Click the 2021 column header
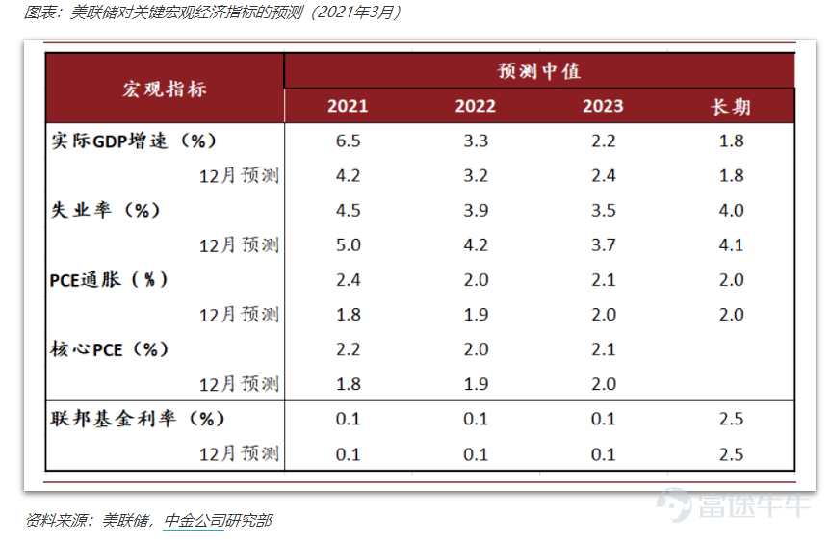tap(347, 106)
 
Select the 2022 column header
tap(475, 106)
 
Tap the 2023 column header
tap(603, 106)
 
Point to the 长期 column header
tap(731, 106)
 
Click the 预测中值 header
tap(539, 71)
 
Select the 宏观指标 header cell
tap(165, 89)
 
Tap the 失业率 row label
tap(105, 210)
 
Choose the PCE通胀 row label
tap(109, 279)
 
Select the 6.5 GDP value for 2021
tap(348, 141)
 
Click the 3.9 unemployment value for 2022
tap(476, 210)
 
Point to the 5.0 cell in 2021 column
tap(348, 244)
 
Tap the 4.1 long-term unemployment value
tap(731, 244)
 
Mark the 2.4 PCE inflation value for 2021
tap(348, 279)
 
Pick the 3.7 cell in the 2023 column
tap(603, 244)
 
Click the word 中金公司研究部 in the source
tap(219, 521)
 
